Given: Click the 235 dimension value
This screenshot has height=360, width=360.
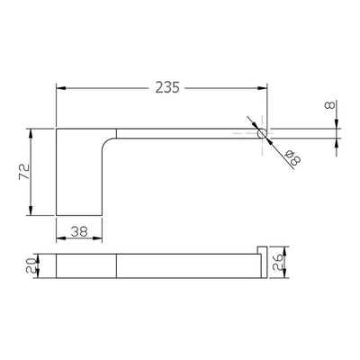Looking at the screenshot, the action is click(167, 87).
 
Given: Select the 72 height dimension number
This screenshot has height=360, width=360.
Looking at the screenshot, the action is click(24, 172).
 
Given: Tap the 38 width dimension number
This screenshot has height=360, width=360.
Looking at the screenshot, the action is click(79, 231).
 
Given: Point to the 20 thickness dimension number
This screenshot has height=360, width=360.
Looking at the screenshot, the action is click(31, 266).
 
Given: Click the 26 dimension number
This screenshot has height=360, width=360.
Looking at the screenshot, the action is click(277, 261).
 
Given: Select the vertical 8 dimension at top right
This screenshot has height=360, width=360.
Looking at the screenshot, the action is click(330, 105).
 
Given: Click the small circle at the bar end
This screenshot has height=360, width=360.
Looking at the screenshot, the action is click(262, 133).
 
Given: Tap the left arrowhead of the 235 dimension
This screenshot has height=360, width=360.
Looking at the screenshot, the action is click(61, 88).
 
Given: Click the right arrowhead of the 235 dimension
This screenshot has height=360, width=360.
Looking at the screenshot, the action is click(262, 88).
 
